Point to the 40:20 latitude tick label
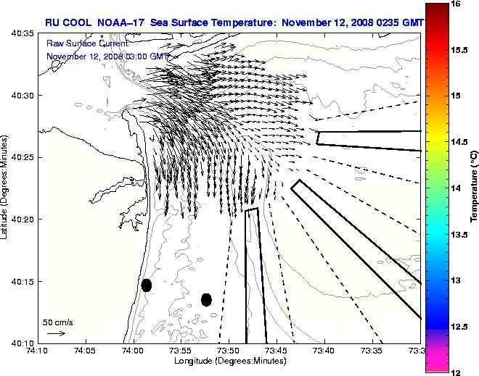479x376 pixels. tap(22, 219)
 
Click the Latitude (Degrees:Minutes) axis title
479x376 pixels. tap(5, 188)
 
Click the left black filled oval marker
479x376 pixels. tap(146, 285)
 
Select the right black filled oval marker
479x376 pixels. tap(206, 299)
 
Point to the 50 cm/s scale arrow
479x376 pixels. tap(56, 333)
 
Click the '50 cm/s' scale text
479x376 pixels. tap(58, 322)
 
